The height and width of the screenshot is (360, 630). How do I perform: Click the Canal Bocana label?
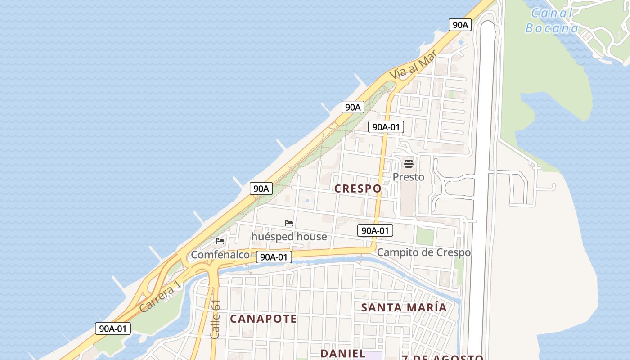pos(551,21)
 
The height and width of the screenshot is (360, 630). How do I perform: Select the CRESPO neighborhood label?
pos(358,189)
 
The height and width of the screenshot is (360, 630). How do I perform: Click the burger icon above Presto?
pos(409,163)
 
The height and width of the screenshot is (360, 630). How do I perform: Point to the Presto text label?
pos(408,177)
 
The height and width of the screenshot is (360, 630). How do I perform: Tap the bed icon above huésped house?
pos(289,223)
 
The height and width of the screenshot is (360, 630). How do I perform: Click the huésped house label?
pos(289,236)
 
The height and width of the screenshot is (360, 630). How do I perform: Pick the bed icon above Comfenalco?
pos(220,241)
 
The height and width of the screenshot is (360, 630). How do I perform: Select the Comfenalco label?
pos(220,255)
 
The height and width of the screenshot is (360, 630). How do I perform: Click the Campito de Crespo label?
pos(423,252)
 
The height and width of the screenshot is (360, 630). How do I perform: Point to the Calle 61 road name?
pos(216,319)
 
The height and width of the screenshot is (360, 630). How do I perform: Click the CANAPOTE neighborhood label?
pos(263,319)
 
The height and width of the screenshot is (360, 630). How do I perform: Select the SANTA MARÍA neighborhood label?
pos(404,307)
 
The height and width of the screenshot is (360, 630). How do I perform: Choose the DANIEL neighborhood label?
pos(343,353)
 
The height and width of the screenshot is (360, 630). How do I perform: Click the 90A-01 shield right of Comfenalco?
pos(274,257)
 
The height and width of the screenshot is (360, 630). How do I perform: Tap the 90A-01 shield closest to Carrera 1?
pos(113,328)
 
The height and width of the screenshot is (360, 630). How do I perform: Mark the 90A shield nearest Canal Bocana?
pos(460,25)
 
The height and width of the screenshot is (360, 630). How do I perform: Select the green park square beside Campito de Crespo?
pos(424,236)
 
